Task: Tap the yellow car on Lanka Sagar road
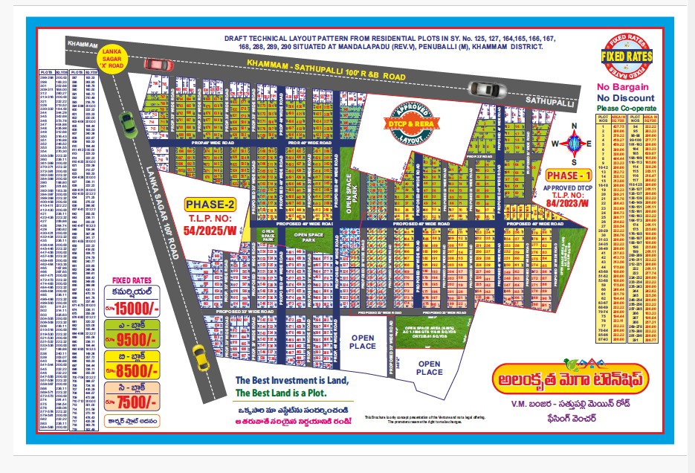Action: [x=199, y=357]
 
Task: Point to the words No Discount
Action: [x=626, y=97]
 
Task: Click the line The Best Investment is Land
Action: [x=291, y=381]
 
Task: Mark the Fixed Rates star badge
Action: [x=627, y=57]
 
